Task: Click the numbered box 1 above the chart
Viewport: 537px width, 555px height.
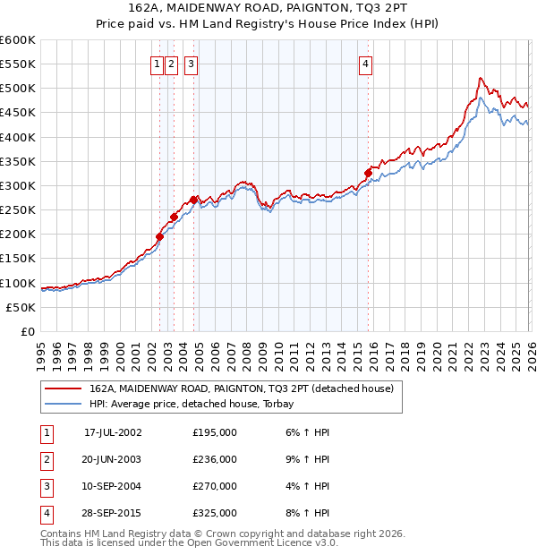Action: coord(158,64)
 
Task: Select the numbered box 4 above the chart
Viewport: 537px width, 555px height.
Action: coord(366,64)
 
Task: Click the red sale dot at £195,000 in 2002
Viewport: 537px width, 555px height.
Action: coord(160,236)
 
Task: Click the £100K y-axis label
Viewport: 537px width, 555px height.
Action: coord(18,284)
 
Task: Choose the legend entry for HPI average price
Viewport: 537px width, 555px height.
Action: coord(198,404)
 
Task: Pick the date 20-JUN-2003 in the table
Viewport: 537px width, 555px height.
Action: coord(112,459)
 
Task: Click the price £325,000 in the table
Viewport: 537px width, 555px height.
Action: coord(215,513)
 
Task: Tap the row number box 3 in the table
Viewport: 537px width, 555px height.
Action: coord(46,486)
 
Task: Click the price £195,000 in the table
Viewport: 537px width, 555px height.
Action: coord(215,432)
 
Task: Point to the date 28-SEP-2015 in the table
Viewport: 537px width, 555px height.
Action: coord(112,513)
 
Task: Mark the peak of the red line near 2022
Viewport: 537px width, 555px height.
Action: coord(481,78)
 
